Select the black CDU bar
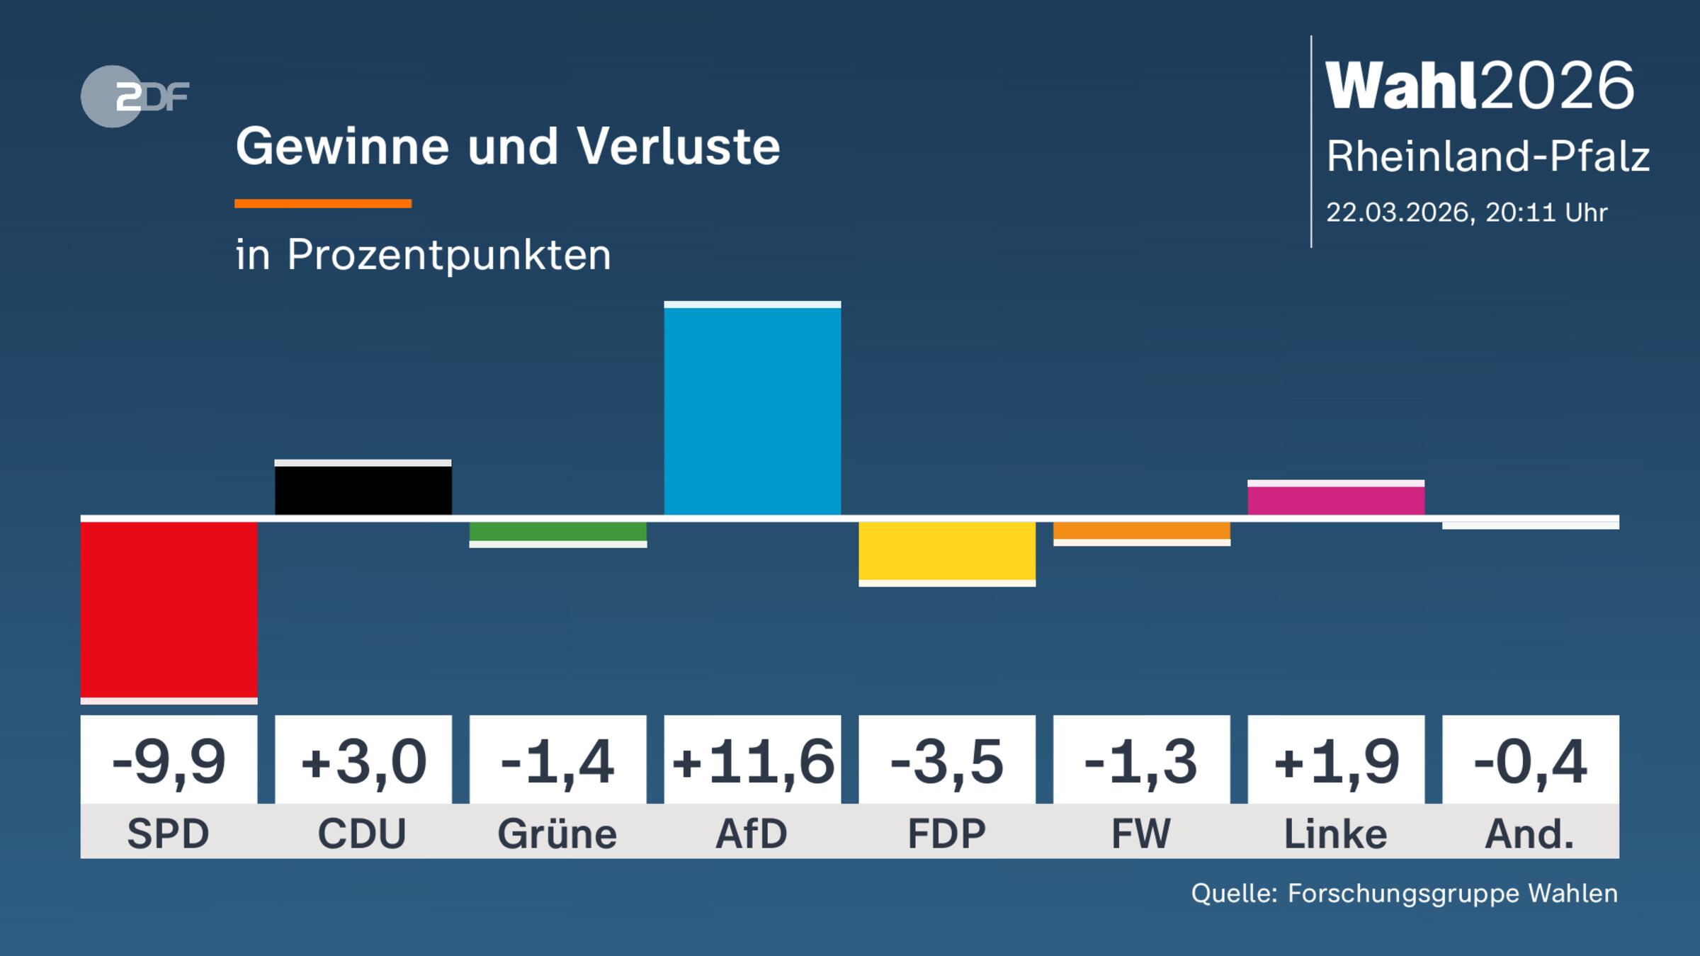[x=363, y=489]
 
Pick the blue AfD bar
[x=752, y=411]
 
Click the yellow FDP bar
[x=947, y=552]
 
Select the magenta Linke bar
[x=1336, y=500]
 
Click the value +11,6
[x=752, y=762]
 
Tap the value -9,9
[x=169, y=762]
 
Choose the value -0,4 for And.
[x=1530, y=762]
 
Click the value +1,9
[x=1336, y=762]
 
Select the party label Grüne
[x=557, y=833]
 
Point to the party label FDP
[x=947, y=833]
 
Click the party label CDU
[x=363, y=833]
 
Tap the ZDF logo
[x=135, y=96]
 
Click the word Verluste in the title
[x=678, y=147]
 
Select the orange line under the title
[x=323, y=204]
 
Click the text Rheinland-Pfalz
[x=1487, y=157]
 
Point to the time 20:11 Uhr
[x=1546, y=212]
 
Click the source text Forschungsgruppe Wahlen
[x=1452, y=894]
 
